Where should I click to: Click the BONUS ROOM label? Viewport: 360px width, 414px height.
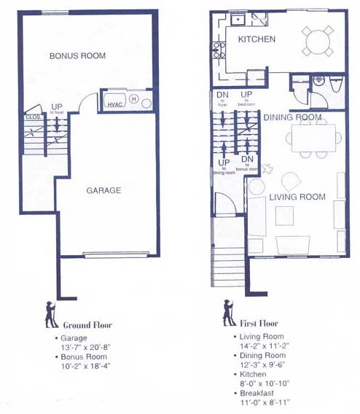click(x=77, y=56)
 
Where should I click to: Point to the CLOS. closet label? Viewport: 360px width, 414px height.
click(x=32, y=117)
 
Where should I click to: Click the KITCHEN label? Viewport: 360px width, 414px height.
click(x=257, y=39)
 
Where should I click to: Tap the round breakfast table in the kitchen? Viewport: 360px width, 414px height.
click(x=318, y=41)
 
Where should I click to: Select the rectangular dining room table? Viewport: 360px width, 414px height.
click(x=313, y=138)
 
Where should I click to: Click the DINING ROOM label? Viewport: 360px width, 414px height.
click(x=292, y=117)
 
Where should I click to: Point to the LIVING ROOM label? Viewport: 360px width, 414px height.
click(x=297, y=197)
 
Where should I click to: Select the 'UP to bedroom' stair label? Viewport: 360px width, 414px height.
click(x=246, y=98)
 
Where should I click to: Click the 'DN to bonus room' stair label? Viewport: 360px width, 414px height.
click(x=247, y=163)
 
